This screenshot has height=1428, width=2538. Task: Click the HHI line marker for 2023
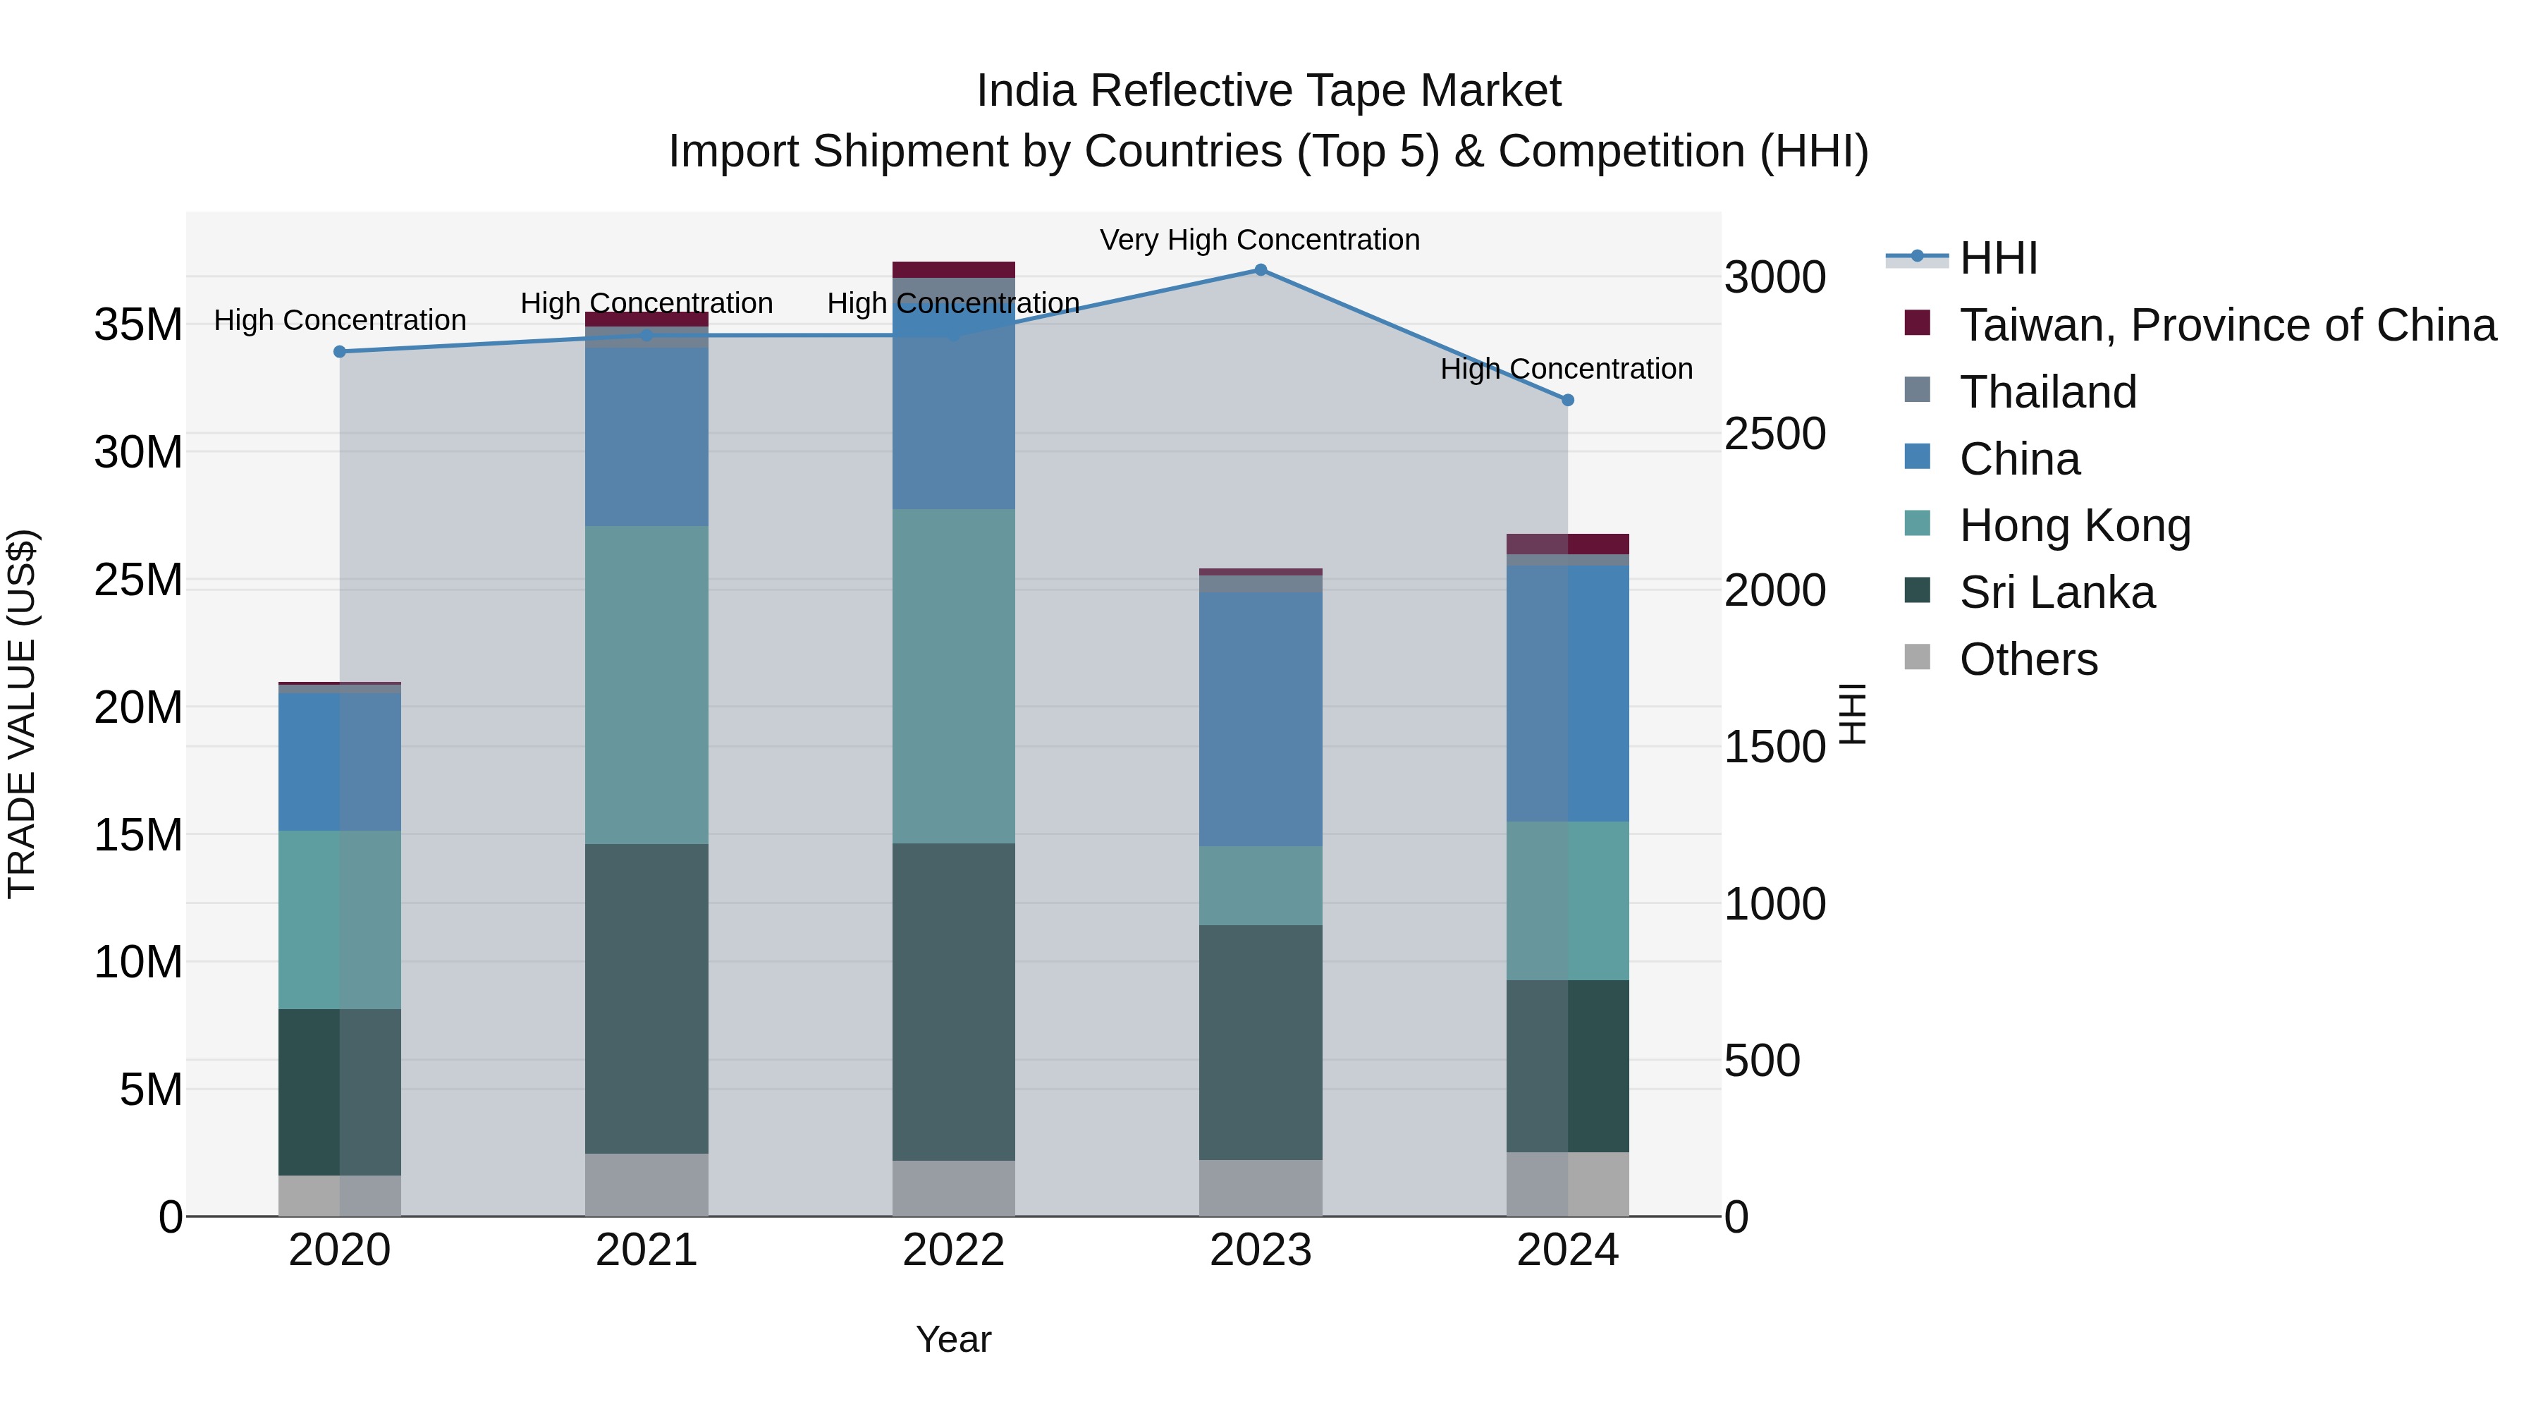pyautogui.click(x=1260, y=270)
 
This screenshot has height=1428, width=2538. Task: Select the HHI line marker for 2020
pyautogui.click(x=340, y=352)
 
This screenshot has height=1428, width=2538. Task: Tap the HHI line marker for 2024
pyautogui.click(x=1567, y=400)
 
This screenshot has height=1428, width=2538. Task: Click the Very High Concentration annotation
pyautogui.click(x=1259, y=240)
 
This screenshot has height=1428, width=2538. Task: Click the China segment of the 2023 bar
pyautogui.click(x=1260, y=719)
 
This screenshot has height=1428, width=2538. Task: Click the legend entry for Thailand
pyautogui.click(x=2047, y=392)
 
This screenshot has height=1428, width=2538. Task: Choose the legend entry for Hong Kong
pyautogui.click(x=2074, y=525)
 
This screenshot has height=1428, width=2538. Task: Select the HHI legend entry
pyautogui.click(x=1997, y=258)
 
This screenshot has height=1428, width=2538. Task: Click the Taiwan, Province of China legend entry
pyautogui.click(x=2226, y=325)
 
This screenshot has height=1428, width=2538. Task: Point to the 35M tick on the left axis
pyautogui.click(x=138, y=325)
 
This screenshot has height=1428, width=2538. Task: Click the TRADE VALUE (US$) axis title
pyautogui.click(x=22, y=714)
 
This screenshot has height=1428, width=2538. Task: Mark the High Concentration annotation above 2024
pyautogui.click(x=1566, y=369)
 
